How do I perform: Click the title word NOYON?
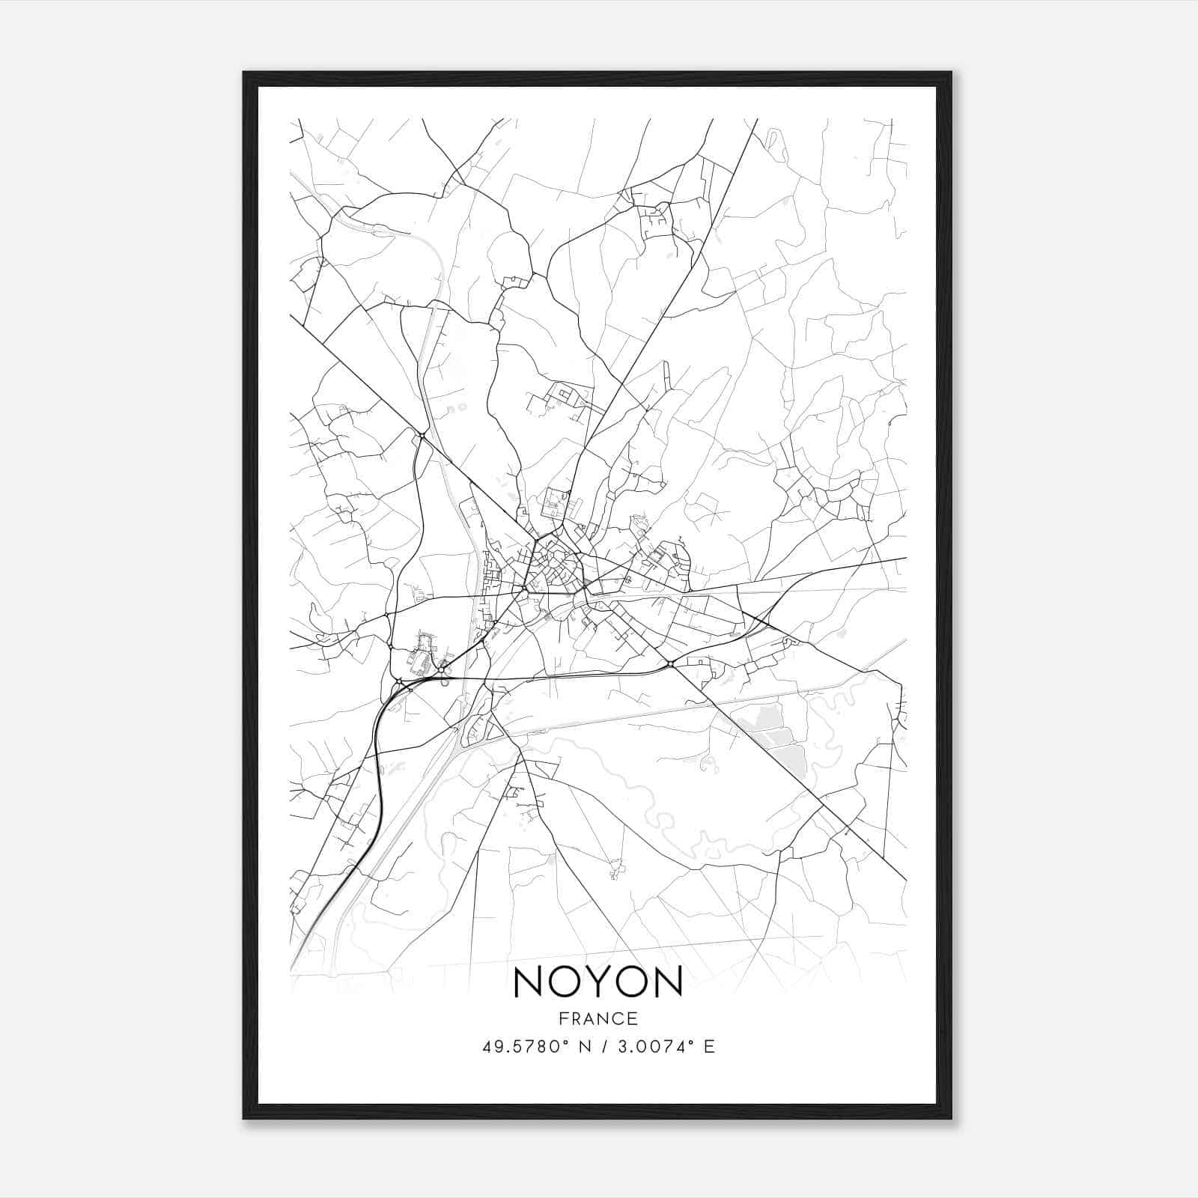pos(598,982)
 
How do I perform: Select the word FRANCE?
pos(598,1019)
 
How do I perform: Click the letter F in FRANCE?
pos(563,1019)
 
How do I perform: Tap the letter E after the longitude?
pos(709,1047)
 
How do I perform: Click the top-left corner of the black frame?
pos(244,73)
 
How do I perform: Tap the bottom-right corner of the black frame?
pos(951,1118)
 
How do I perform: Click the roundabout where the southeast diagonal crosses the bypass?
pos(670,663)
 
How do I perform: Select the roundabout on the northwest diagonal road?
pos(422,436)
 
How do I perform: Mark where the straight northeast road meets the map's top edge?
pos(757,120)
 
